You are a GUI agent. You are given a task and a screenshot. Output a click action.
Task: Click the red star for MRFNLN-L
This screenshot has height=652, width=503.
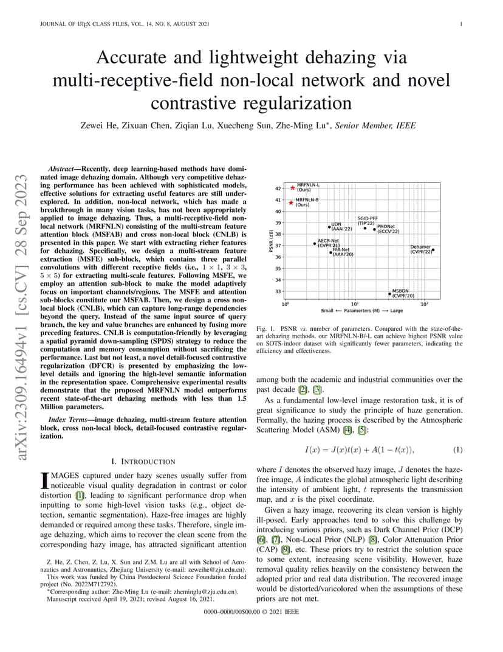292,188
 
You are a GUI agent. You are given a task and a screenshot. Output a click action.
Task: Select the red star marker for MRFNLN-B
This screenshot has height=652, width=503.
291,203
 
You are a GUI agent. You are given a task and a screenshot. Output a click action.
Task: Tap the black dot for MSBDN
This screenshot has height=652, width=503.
389,294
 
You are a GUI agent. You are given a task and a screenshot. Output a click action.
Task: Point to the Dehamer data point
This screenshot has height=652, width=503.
433,249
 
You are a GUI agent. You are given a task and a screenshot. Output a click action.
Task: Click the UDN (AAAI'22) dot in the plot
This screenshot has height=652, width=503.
329,227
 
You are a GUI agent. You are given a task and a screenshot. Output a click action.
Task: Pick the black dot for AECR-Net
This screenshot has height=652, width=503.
315,243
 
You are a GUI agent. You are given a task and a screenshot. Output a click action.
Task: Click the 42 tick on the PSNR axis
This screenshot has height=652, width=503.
278,189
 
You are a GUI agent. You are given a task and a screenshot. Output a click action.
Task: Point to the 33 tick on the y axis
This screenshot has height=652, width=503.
278,291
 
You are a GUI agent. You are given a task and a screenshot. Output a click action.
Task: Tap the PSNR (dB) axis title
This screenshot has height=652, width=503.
270,242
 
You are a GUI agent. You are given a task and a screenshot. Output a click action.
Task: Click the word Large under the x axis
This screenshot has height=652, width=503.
396,311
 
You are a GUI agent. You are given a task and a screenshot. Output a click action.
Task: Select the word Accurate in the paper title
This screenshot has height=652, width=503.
140,58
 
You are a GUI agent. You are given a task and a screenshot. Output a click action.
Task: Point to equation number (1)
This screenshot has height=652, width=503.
457,449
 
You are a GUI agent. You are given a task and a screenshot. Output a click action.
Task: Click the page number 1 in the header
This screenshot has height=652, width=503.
462,24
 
